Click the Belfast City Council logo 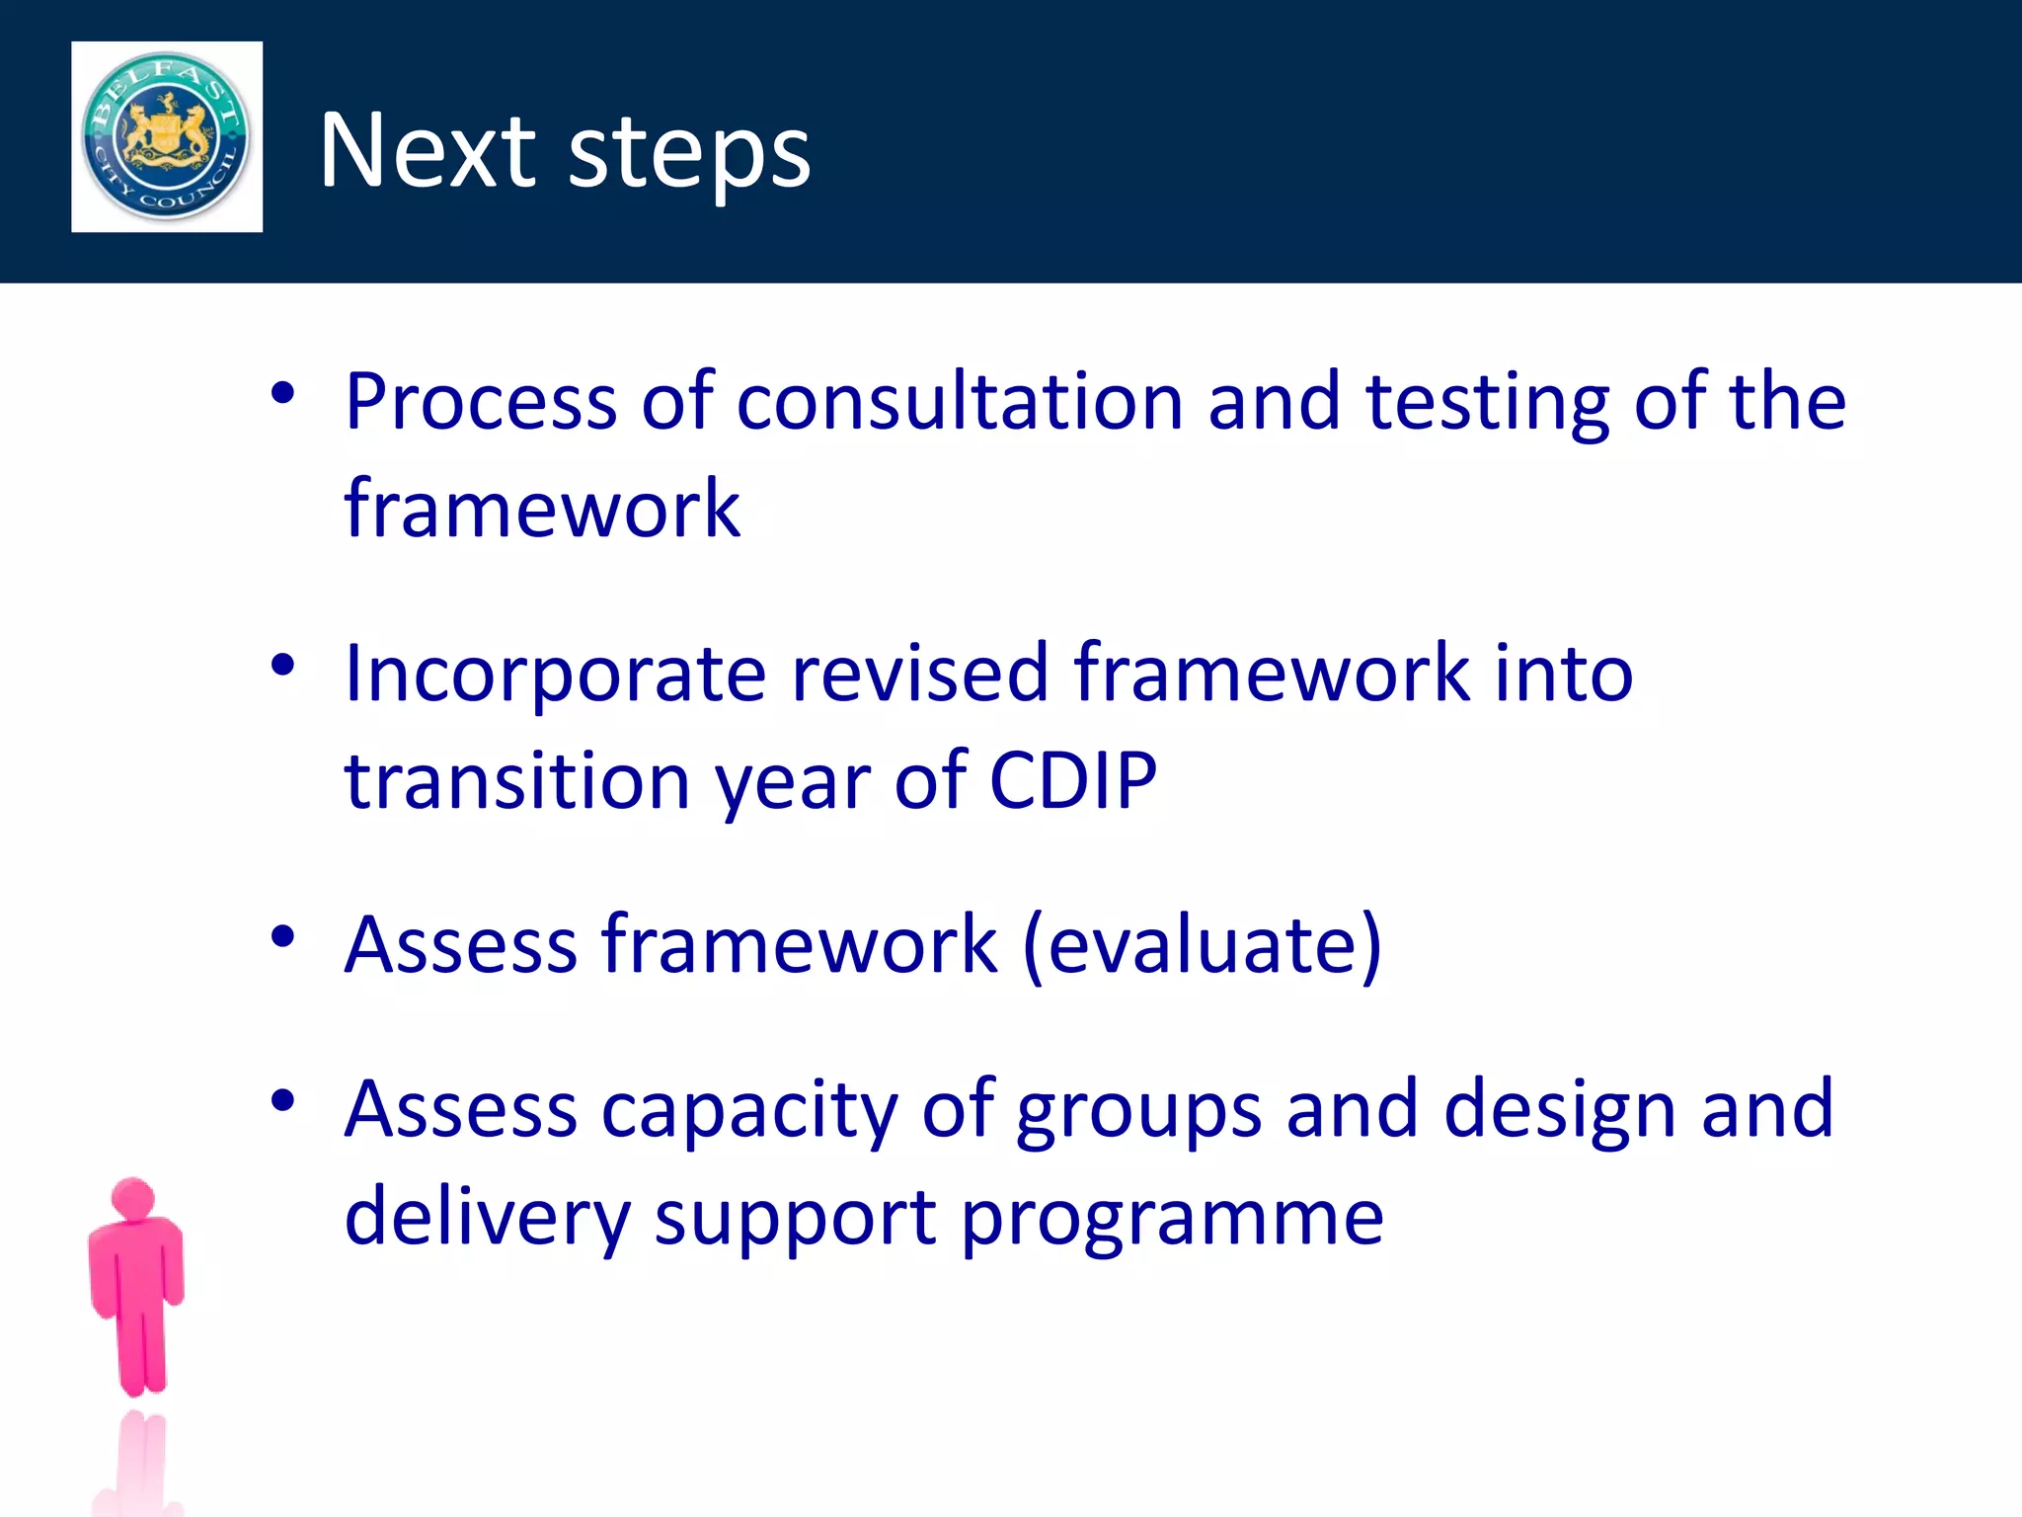pos(166,136)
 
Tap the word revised pos(919,674)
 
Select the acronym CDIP pos(1072,780)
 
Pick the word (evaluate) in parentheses pos(1203,946)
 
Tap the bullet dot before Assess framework pos(283,935)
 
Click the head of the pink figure pos(133,1198)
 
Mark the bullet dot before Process pos(283,393)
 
